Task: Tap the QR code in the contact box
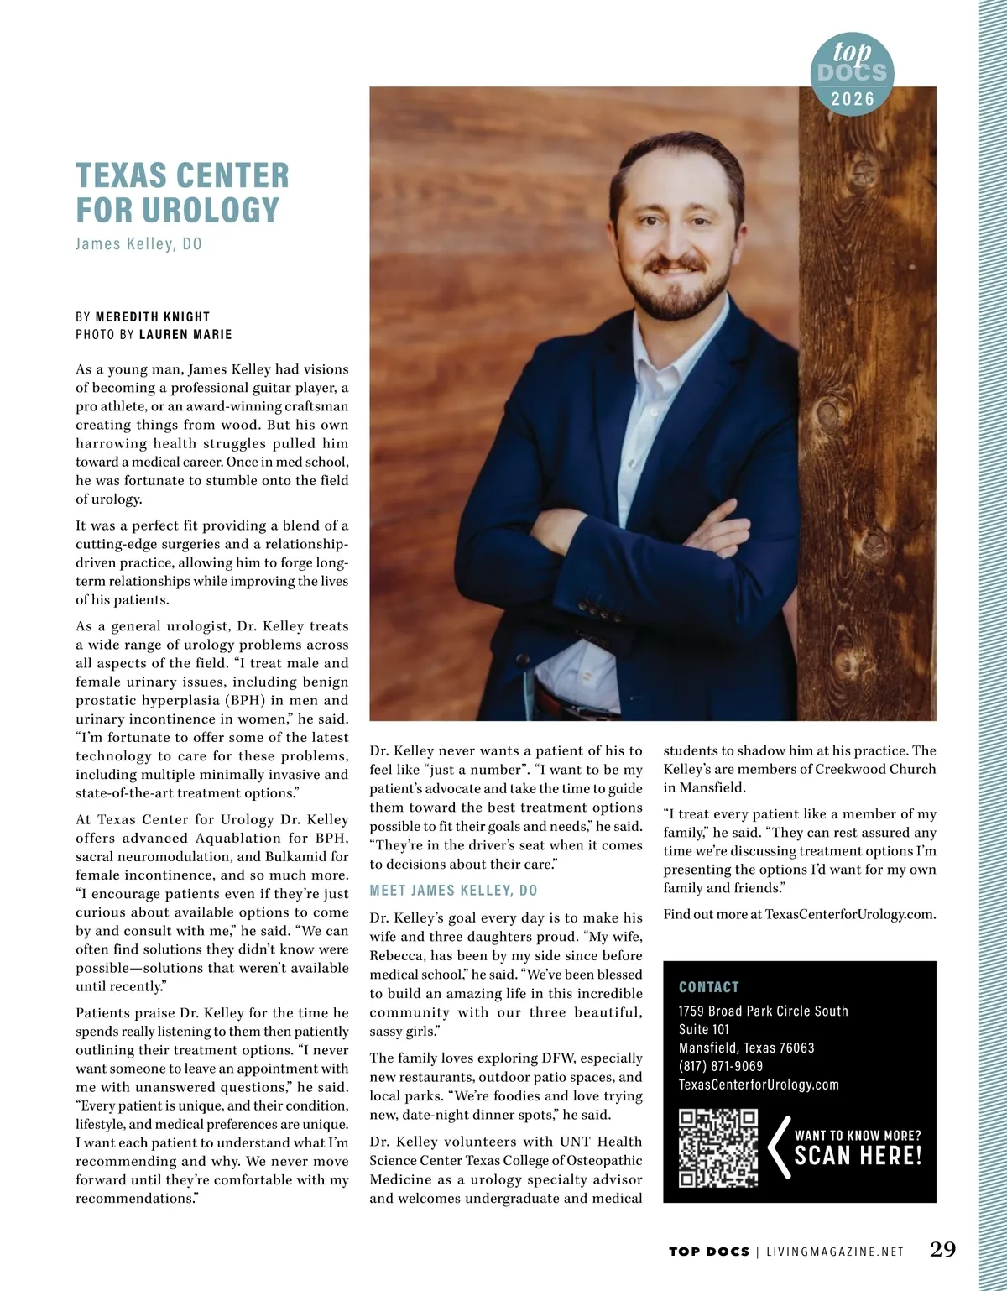coord(717,1148)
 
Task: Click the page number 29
coord(943,1249)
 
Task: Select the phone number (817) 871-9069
coord(721,1066)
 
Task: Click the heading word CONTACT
coord(709,987)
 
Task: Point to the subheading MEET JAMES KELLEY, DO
coord(454,891)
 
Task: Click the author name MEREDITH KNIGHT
coord(153,316)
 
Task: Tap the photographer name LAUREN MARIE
coord(185,334)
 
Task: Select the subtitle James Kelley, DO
coord(138,244)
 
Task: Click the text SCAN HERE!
coord(858,1157)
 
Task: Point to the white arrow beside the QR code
coord(780,1147)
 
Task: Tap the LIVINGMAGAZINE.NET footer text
coord(835,1252)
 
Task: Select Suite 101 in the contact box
coord(703,1029)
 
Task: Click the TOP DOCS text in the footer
coord(709,1252)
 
